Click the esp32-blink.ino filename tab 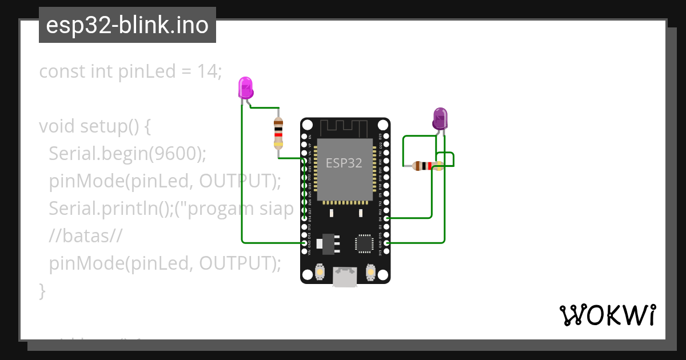127,25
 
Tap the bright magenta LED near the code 245,88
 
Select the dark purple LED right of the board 440,118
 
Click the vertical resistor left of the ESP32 278,133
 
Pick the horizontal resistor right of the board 428,166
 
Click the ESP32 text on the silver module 344,163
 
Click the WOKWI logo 607,315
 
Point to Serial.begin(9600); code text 127,153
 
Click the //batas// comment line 86,235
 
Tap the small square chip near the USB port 364,243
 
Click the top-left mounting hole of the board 308,125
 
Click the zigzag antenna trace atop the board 343,127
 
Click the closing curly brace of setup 42,290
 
